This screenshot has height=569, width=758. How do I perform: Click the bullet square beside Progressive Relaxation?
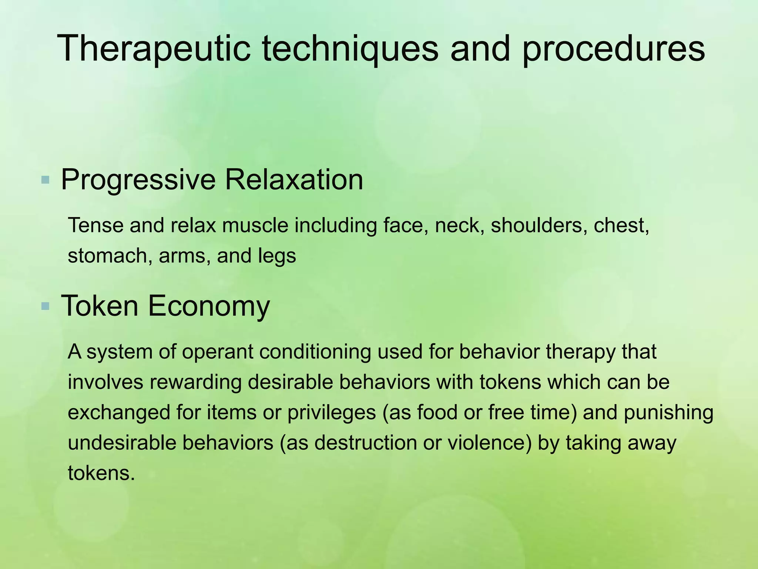46,180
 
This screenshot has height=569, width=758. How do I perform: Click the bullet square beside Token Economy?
46,306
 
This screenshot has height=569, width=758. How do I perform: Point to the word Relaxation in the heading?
294,180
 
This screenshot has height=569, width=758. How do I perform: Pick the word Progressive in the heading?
138,180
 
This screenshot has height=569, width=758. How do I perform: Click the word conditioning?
315,352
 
